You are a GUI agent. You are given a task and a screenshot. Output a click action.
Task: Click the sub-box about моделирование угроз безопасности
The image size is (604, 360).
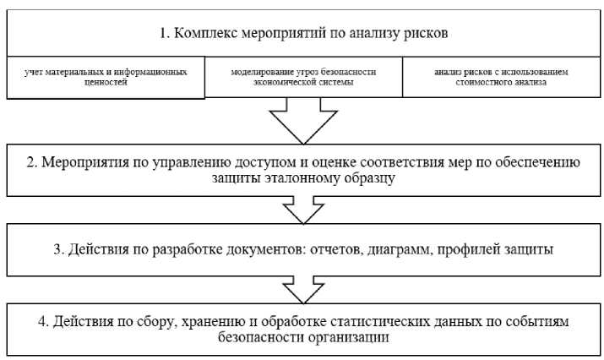click(303, 78)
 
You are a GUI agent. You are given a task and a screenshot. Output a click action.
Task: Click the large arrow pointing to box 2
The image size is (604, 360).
click(302, 123)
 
